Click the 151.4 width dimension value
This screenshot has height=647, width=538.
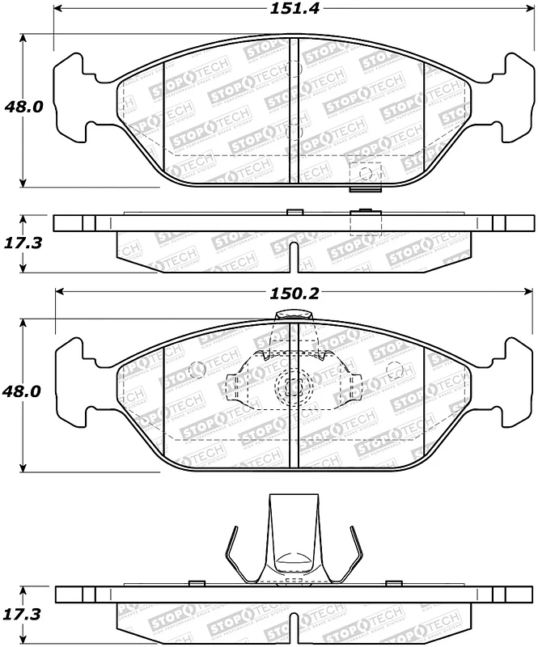pyautogui.click(x=294, y=9)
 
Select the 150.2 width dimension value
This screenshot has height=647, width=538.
pyautogui.click(x=294, y=294)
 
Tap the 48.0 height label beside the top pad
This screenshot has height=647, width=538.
pyautogui.click(x=24, y=108)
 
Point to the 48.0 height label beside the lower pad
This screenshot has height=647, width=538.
pyautogui.click(x=22, y=391)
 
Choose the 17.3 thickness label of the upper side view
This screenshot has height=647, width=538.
pyautogui.click(x=23, y=243)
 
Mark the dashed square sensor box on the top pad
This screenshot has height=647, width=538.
pyautogui.click(x=366, y=175)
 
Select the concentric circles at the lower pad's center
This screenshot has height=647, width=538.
pyautogui.click(x=294, y=387)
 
